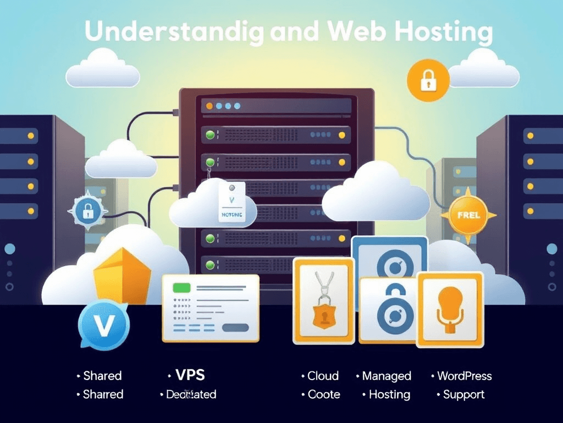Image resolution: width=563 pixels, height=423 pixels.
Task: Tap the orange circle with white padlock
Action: [x=427, y=80]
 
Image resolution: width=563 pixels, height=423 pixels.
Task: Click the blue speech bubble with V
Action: [x=103, y=326]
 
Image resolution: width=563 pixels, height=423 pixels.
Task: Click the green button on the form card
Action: [x=181, y=288]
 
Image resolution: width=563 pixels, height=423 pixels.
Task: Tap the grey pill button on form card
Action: [x=235, y=328]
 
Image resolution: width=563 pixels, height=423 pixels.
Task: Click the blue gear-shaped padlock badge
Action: [x=87, y=210]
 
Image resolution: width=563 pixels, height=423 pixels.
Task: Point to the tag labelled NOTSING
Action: [x=231, y=203]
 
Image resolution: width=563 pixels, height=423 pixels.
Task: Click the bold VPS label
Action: [x=190, y=376]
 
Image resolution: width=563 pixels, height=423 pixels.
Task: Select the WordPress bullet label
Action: [x=464, y=376]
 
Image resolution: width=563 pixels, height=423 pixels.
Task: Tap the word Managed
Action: [x=387, y=376]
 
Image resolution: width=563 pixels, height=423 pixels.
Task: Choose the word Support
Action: [x=463, y=394]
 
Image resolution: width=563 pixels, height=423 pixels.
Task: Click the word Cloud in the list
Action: [x=323, y=376]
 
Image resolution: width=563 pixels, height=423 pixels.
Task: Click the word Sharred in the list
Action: [x=103, y=394]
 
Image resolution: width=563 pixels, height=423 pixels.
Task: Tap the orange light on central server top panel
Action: [x=209, y=106]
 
